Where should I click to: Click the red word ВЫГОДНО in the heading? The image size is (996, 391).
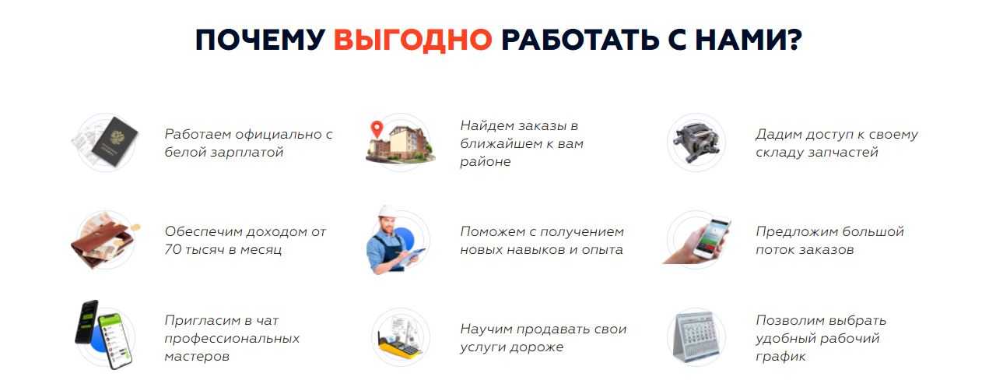[412, 40]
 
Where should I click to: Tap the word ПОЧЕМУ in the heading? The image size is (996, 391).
[260, 40]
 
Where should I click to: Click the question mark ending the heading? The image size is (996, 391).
[791, 39]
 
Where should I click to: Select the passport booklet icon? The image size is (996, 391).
[115, 141]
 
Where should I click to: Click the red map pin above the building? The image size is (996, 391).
[377, 129]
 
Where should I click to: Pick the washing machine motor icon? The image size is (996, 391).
[696, 143]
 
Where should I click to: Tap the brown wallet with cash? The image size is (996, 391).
[103, 243]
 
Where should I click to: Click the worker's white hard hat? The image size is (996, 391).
[388, 212]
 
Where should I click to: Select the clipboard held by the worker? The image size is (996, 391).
[412, 256]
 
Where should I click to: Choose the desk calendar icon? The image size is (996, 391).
[696, 337]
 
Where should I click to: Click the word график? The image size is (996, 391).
[780, 356]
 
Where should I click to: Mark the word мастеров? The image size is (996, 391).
[197, 356]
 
